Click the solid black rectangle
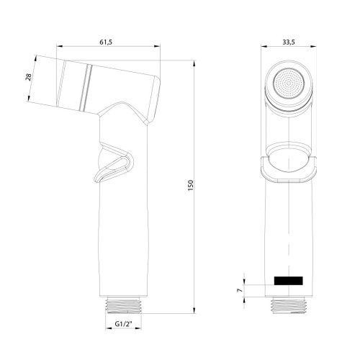(289, 279)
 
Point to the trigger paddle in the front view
(289, 167)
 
